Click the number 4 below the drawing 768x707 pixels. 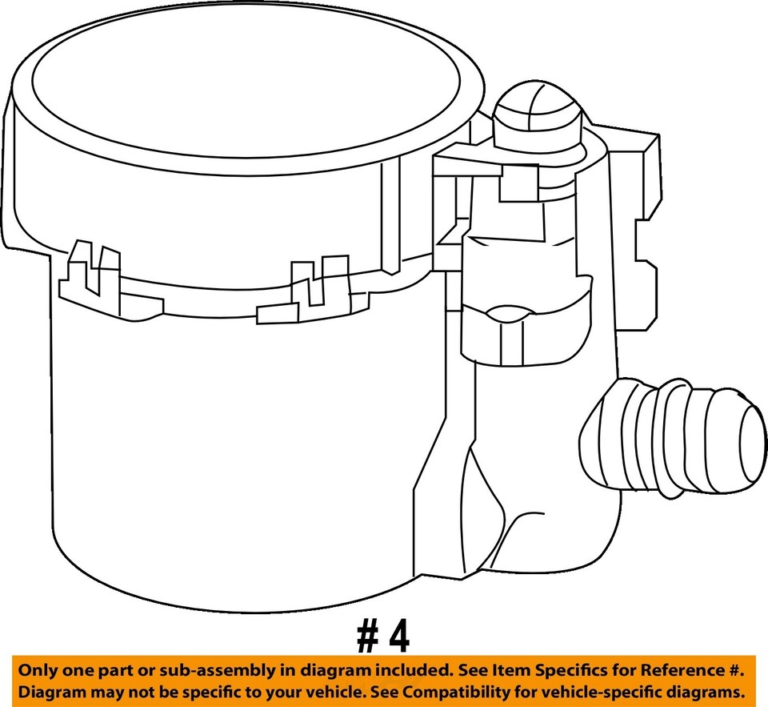[x=398, y=638]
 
